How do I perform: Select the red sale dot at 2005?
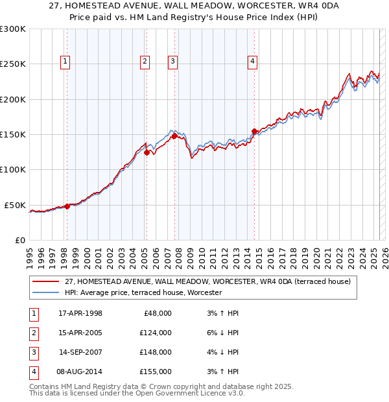coord(147,153)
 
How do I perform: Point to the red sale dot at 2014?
coord(254,132)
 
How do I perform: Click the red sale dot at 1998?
coord(67,206)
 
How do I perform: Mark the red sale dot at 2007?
coord(174,136)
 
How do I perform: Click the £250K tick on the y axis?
coord(13,64)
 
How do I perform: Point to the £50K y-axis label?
coord(16,205)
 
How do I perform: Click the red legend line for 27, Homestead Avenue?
coord(45,281)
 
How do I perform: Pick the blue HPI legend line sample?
coord(45,293)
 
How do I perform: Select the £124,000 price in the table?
coord(156,333)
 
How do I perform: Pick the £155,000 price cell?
coord(156,372)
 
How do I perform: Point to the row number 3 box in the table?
coord(32,352)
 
